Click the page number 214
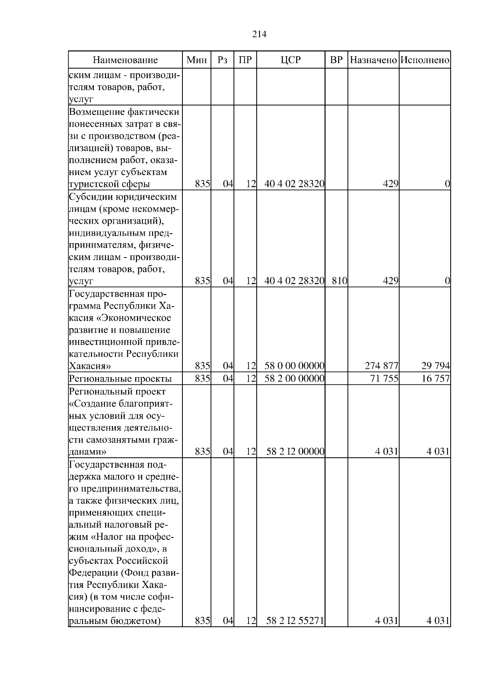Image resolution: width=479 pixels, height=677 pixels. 259,34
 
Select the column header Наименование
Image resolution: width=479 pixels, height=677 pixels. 125,60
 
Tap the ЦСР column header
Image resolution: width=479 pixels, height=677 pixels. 291,60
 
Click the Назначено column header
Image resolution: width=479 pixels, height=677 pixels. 373,60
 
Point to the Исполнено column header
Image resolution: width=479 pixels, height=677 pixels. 425,60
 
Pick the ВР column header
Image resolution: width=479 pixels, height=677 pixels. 336,60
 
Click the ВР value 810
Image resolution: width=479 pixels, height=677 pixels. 339,281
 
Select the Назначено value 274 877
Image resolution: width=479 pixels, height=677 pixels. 381,366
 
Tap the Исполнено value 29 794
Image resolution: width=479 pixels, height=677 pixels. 435,366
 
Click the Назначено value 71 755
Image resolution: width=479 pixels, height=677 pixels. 384,378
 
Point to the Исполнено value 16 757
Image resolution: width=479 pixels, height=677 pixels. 435,378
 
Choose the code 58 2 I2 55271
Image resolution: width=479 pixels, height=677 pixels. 295,632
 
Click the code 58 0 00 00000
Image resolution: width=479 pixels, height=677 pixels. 294,366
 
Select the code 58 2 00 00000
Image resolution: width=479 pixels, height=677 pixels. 294,378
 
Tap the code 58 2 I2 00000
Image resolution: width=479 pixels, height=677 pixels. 295,452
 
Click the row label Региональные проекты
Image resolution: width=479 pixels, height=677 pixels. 120,378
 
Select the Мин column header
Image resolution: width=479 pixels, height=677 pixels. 197,60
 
